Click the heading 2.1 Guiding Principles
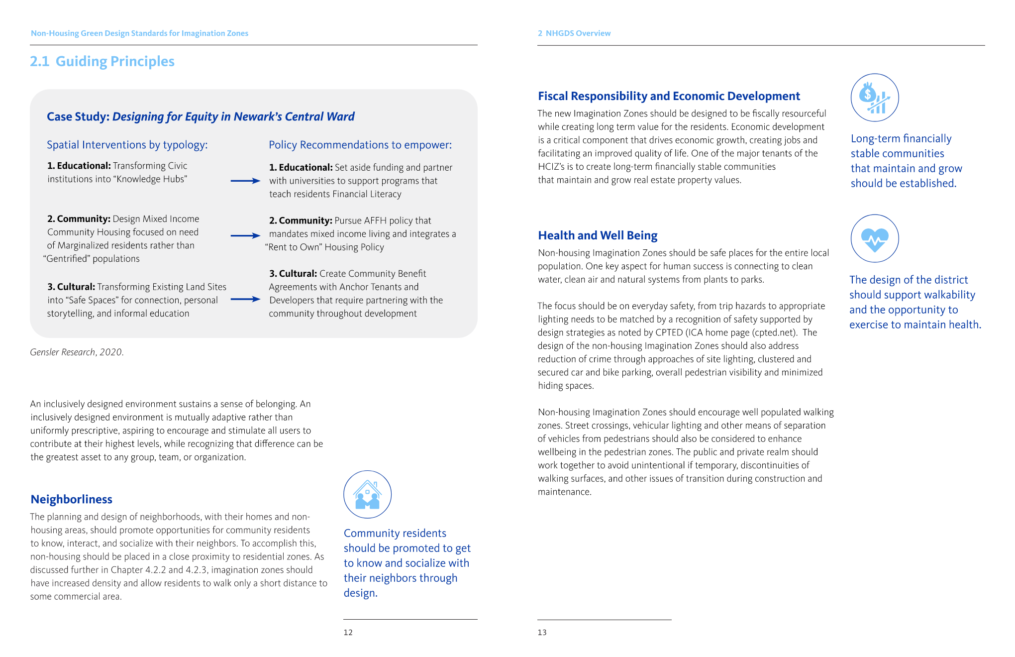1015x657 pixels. pyautogui.click(x=102, y=61)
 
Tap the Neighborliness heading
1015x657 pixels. pyautogui.click(x=71, y=499)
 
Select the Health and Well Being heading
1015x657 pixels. pyautogui.click(x=597, y=235)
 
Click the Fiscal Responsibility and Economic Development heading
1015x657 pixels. pyautogui.click(x=668, y=96)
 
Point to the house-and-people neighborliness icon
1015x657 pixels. pyautogui.click(x=367, y=494)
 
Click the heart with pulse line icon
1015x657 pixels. pyautogui.click(x=874, y=238)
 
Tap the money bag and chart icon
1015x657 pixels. pyautogui.click(x=874, y=98)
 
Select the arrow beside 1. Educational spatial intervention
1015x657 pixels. pyautogui.click(x=245, y=181)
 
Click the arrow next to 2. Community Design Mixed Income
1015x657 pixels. pyautogui.click(x=245, y=235)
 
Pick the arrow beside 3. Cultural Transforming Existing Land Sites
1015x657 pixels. pyautogui.click(x=245, y=299)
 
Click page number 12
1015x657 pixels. pyautogui.click(x=348, y=633)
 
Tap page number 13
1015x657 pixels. pyautogui.click(x=542, y=633)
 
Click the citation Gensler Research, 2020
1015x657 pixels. pyautogui.click(x=77, y=352)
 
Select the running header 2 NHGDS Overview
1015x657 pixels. pyautogui.click(x=574, y=33)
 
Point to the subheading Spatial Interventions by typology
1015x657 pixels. pyautogui.click(x=127, y=145)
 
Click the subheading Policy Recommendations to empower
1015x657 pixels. pyautogui.click(x=360, y=145)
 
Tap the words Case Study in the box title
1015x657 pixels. pyautogui.click(x=77, y=116)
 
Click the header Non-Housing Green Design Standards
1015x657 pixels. pyautogui.click(x=139, y=33)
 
